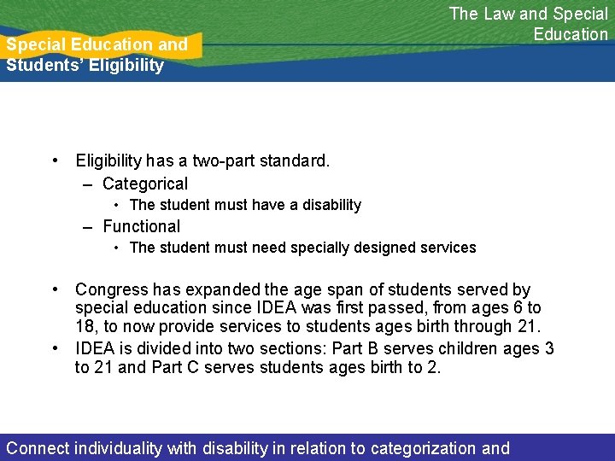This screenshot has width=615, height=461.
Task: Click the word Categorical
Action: [145, 184]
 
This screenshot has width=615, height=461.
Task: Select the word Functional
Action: [142, 226]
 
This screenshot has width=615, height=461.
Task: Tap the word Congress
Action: [108, 290]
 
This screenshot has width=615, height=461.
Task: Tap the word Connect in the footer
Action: [38, 448]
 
